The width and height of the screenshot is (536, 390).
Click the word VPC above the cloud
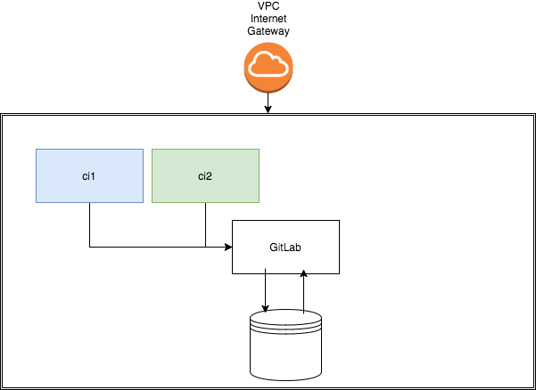[x=268, y=7]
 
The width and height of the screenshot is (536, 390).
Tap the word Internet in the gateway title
[x=268, y=19]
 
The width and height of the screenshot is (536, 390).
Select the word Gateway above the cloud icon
[x=268, y=31]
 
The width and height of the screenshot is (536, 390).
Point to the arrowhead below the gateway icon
[x=268, y=110]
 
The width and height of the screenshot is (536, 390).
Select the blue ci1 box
[x=89, y=175]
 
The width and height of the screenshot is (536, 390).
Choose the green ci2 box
[x=205, y=175]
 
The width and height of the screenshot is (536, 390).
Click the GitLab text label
[x=285, y=247]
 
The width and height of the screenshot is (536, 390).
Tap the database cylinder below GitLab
[x=285, y=347]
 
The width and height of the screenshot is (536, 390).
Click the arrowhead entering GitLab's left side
[x=227, y=247]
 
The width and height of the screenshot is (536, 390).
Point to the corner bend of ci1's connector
[x=89, y=247]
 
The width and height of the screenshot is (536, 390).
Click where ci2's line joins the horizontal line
[x=205, y=247]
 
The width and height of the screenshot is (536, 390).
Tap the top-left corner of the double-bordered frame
[x=2, y=115]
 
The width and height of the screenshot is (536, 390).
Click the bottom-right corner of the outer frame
[x=533, y=388]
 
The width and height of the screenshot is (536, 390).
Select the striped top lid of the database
[x=285, y=318]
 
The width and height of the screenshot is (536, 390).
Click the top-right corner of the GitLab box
[x=339, y=220]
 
